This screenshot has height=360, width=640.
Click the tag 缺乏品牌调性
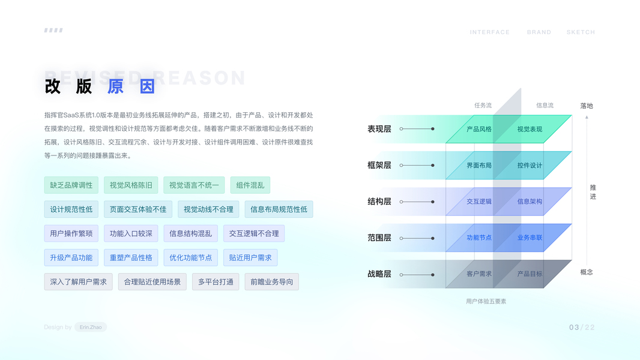[71, 185]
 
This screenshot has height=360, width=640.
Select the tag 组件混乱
[250, 185]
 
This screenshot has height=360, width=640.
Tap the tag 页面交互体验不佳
[138, 209]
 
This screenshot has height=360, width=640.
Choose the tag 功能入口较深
[131, 233]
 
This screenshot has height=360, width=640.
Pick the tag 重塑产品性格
[131, 258]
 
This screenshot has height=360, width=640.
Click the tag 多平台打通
[216, 282]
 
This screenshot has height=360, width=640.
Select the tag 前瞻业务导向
[271, 282]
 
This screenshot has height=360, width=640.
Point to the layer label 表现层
[379, 129]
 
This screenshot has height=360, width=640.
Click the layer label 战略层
[379, 274]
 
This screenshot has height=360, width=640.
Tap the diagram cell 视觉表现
[530, 129]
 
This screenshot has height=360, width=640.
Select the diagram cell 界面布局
[479, 166]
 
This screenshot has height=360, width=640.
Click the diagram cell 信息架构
[530, 202]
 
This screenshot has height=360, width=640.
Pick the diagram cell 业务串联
[530, 238]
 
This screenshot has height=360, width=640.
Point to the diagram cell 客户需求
[479, 274]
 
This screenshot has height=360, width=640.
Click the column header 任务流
[483, 106]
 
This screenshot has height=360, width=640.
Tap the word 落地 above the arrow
[587, 106]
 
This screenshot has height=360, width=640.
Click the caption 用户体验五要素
[486, 301]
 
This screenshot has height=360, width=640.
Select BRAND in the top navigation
[539, 32]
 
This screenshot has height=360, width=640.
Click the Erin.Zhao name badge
[91, 327]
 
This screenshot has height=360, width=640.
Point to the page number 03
[574, 328]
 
